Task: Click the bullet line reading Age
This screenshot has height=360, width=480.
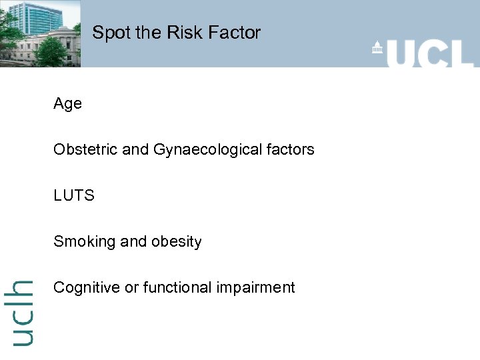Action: (x=67, y=104)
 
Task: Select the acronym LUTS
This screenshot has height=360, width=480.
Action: (x=74, y=195)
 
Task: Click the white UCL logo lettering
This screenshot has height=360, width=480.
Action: (x=430, y=52)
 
